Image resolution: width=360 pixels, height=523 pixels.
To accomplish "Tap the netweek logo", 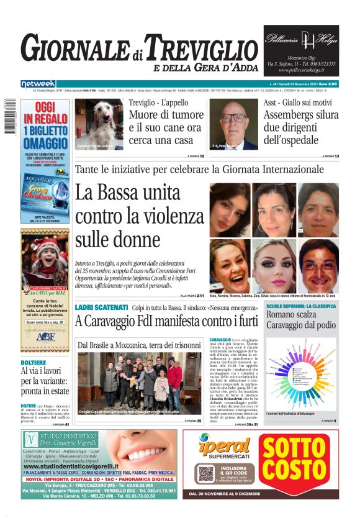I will tap(38, 83).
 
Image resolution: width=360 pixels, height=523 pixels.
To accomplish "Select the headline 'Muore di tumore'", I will tap(166, 115).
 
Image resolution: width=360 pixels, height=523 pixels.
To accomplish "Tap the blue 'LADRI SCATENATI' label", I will tap(101, 307).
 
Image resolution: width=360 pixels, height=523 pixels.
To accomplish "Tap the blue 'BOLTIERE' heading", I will tap(33, 362).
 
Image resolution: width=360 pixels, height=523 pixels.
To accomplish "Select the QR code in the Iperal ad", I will tap(207, 473).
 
